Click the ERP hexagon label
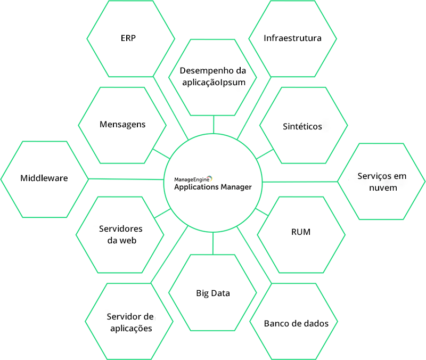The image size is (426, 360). click(x=128, y=38)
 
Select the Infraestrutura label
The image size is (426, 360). click(x=292, y=38)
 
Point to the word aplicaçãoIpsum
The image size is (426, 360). click(x=214, y=83)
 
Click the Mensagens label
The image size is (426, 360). click(x=122, y=125)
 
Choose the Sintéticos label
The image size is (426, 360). click(x=302, y=126)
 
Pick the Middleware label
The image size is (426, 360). click(x=44, y=178)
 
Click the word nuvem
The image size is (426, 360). click(x=383, y=188)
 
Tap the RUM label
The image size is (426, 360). click(x=301, y=232)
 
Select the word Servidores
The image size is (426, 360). click(x=121, y=229)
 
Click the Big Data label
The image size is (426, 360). click(x=213, y=293)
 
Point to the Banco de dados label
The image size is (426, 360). click(x=296, y=323)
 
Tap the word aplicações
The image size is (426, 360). click(x=131, y=329)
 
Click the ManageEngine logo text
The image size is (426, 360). click(x=192, y=179)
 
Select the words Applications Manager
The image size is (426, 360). click(x=213, y=187)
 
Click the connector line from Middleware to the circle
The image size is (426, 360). click(x=126, y=179)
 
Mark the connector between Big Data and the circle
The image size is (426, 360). click(x=213, y=243)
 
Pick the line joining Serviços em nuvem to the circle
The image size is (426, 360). click(x=300, y=182)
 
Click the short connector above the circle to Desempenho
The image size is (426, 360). click(x=214, y=125)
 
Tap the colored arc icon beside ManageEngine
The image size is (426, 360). click(x=210, y=178)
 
